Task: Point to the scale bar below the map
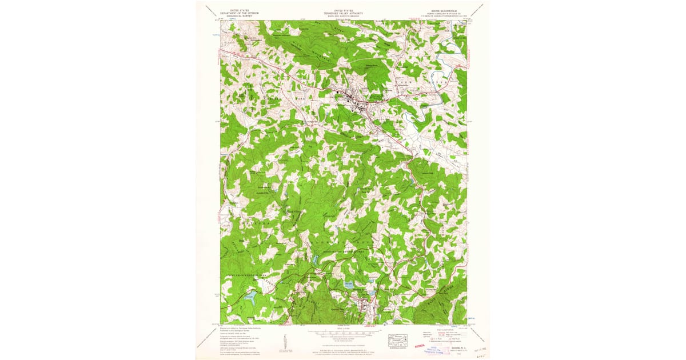click(342, 331)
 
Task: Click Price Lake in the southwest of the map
click(250, 296)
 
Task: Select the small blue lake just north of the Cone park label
click(314, 261)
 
